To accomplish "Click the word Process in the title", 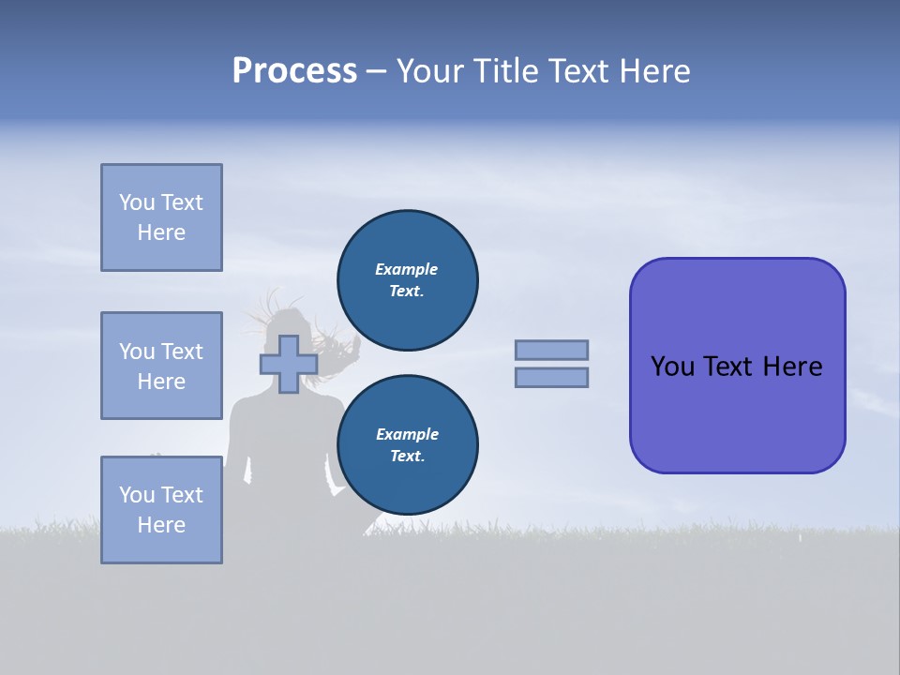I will pos(294,71).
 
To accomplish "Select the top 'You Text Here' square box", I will pos(161,217).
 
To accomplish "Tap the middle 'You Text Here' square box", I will pos(161,366).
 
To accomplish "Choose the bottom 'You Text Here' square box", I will pos(161,510).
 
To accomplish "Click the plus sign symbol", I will pos(288,364).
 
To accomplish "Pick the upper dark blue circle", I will pos(408,280).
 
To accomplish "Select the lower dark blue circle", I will pos(408,444).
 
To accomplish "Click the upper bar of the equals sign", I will pos(552,350).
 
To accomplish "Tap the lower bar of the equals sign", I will pos(552,377).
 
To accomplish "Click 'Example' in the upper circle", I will pos(407,269).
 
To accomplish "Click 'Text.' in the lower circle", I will pos(407,456).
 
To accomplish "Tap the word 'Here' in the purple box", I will pos(792,367).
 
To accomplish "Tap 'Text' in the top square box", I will pos(182,202).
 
